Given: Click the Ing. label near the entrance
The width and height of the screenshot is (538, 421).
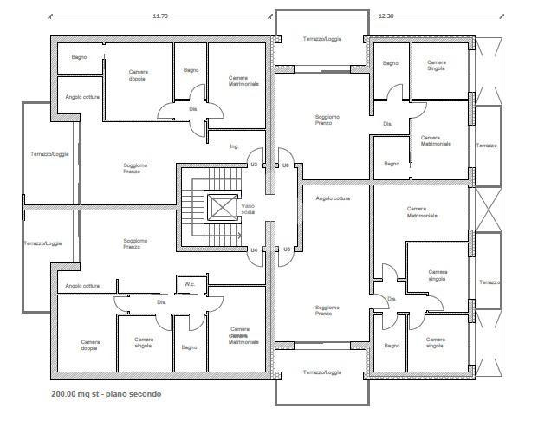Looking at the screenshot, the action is coord(234,146).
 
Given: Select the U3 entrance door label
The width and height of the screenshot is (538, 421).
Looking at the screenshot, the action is coord(254,165).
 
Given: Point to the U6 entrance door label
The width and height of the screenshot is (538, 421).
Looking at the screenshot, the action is coord(286,165).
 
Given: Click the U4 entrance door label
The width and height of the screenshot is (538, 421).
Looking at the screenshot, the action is coord(254,249).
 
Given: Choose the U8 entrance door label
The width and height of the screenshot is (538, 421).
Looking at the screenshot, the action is coord(286,249).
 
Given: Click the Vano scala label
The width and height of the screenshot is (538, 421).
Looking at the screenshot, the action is coord(248,209).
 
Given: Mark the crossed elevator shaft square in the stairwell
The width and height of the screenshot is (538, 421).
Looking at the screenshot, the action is coord(222,208).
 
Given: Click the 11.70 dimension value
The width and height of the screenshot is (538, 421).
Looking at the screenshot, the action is coord(160,16).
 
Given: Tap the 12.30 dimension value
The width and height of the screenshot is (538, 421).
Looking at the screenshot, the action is coord(386,16).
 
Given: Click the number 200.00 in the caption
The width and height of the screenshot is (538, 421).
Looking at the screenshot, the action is coord(67,395).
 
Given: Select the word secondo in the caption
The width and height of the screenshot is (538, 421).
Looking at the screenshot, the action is coord(143,395).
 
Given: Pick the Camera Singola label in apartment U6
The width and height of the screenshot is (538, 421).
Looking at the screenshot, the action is coord(437,65).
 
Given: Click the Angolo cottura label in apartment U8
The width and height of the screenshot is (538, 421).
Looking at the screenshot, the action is coord(333,198).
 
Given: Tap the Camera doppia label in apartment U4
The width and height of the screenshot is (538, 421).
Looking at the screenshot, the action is coord(91,344).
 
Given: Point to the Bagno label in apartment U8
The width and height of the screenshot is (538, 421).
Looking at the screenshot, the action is coord(392,345).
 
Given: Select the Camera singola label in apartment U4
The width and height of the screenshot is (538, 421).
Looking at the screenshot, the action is coord(144,341).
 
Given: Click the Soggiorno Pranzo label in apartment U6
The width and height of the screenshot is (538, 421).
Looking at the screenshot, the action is coord(327,120).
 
